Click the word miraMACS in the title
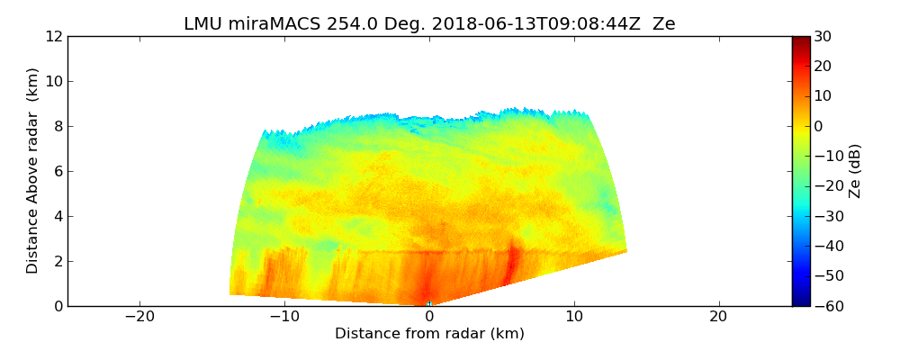[267, 24]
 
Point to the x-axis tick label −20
[139, 317]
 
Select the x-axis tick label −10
[284, 317]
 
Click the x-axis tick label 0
[429, 317]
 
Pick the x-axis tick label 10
[574, 317]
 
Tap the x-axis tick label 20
[718, 317]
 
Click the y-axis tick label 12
[53, 36]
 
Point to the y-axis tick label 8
[58, 126]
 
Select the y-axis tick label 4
[58, 216]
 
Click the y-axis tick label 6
[58, 171]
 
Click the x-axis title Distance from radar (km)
[429, 334]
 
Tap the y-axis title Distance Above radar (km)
[33, 171]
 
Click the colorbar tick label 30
[823, 36]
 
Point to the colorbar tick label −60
[826, 306]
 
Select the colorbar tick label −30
[826, 216]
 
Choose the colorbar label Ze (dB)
[855, 171]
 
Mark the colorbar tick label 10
[823, 96]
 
